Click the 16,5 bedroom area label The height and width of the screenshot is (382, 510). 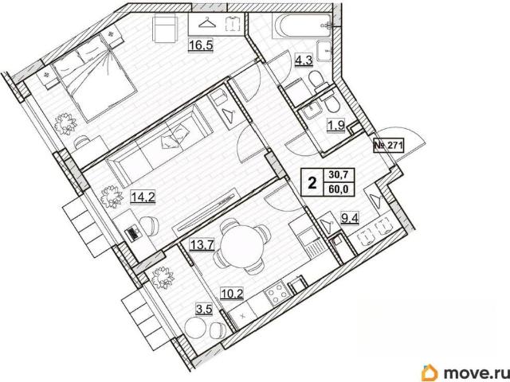coord(201,45)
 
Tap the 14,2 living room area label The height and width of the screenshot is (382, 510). coord(143,197)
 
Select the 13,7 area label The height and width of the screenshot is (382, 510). coord(202,244)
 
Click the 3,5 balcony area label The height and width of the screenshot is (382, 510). coord(204,309)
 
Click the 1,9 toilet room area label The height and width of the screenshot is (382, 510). coord(336,126)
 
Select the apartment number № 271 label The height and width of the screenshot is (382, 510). coord(388,145)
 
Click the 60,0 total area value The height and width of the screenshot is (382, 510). coord(339,189)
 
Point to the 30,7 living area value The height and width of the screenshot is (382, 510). coord(339,175)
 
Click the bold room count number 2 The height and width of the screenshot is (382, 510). coord(312,183)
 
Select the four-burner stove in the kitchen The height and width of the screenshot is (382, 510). coord(277,293)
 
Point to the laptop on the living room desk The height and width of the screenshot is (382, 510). coord(133,233)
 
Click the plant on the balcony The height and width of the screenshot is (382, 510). coord(163,278)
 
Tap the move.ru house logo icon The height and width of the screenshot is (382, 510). coord(430,372)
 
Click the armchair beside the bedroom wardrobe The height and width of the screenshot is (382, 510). coord(165,29)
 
